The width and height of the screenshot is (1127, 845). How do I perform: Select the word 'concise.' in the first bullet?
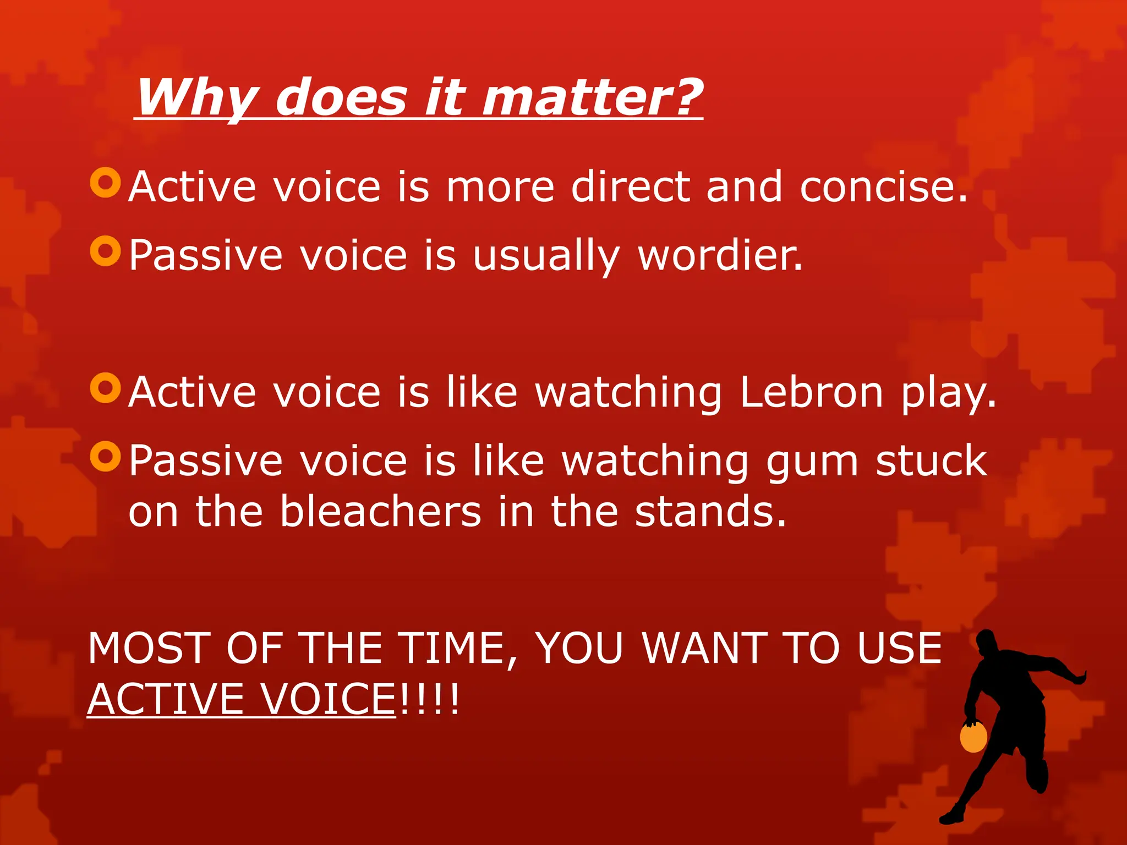coord(883,186)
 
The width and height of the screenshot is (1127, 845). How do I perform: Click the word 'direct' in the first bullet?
coord(631,186)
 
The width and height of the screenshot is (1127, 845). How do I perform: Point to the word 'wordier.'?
coord(720,255)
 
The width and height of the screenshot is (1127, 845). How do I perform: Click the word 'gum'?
coord(812,462)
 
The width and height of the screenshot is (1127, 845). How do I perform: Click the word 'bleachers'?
coord(380,511)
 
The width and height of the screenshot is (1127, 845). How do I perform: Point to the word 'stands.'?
coord(710,511)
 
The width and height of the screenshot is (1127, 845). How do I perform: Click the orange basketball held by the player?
coord(973,737)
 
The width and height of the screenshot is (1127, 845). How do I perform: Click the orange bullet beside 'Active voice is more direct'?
coord(105,182)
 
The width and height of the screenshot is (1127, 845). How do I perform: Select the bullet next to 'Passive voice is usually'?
coord(105,251)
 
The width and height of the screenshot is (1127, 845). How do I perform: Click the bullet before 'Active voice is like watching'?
coord(105,388)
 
